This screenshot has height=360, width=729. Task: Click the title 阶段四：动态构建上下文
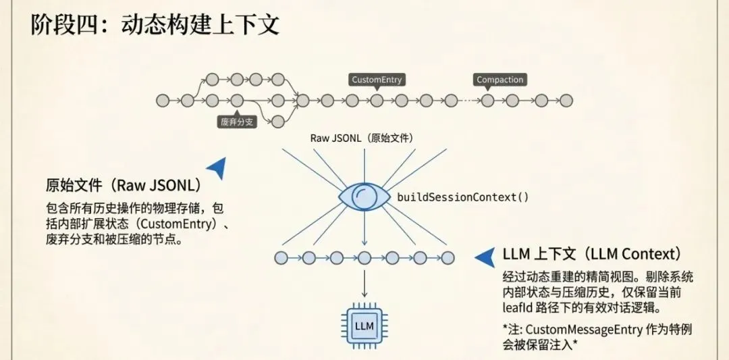pyautogui.click(x=155, y=25)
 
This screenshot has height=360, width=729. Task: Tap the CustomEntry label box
pyautogui.click(x=377, y=80)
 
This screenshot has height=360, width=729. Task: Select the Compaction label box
pyautogui.click(x=500, y=80)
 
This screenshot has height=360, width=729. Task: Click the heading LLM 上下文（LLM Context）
pyautogui.click(x=591, y=254)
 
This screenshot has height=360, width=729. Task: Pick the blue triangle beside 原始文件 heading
pyautogui.click(x=217, y=168)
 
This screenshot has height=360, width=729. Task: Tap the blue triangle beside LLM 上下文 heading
pyautogui.click(x=485, y=256)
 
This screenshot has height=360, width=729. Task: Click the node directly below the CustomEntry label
pyautogui.click(x=377, y=101)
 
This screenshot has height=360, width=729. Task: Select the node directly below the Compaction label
pyautogui.click(x=488, y=101)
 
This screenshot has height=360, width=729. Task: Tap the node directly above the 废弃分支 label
pyautogui.click(x=237, y=101)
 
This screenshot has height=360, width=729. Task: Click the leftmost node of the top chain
pyautogui.click(x=162, y=101)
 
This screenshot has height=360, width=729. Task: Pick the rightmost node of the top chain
pyautogui.click(x=566, y=101)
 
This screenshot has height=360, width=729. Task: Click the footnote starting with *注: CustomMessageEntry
pyautogui.click(x=597, y=337)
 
